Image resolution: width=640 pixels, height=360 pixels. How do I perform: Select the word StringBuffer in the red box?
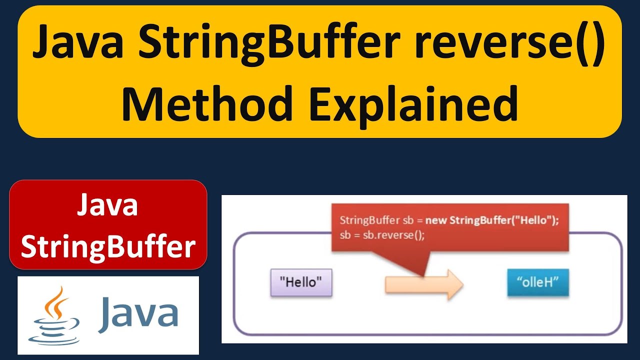pos(108,246)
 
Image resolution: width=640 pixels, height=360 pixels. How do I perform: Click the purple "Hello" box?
pos(301,282)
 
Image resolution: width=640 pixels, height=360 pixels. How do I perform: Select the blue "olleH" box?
pos(537,282)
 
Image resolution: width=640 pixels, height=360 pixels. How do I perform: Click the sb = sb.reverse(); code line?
pos(382,235)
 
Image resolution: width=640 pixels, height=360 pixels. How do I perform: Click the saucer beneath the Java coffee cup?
pos(54,337)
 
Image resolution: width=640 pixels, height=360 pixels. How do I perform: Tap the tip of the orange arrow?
pos(462,285)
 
